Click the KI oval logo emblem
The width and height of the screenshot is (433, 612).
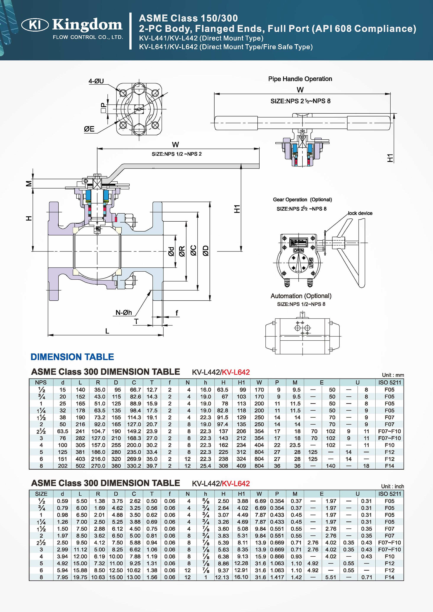[35, 25]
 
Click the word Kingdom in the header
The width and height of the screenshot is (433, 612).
[87, 25]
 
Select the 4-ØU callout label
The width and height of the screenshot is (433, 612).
[96, 81]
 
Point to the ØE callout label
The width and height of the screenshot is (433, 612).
[89, 129]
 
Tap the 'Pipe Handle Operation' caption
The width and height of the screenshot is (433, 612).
[300, 79]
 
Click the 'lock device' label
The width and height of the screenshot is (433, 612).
[360, 213]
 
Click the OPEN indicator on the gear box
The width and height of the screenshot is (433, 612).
[298, 251]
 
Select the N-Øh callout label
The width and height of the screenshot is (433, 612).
[123, 313]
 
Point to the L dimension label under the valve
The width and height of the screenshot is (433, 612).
[107, 331]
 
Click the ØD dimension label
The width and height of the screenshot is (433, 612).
[206, 251]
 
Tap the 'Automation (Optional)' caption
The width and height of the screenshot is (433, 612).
[301, 296]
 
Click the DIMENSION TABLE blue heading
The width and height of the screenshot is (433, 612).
[72, 357]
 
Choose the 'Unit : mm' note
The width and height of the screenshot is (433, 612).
[393, 375]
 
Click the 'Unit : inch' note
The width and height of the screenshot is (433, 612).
[392, 486]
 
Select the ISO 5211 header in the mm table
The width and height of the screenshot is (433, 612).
[389, 383]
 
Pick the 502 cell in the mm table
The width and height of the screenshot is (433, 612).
[80, 466]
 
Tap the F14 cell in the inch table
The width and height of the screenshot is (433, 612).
[389, 577]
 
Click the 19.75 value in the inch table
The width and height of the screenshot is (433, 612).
[80, 577]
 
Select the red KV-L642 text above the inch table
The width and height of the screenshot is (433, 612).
[236, 483]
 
